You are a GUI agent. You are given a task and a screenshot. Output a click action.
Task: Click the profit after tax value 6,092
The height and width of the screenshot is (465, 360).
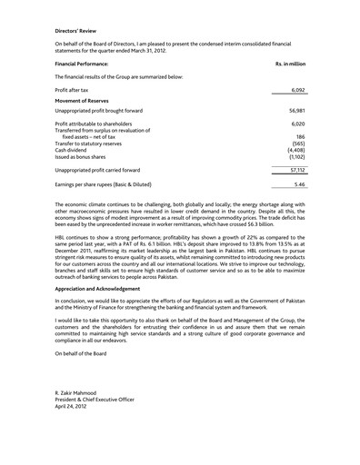[x=296, y=91]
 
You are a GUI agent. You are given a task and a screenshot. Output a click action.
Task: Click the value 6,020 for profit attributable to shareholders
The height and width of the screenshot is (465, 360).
[x=296, y=124]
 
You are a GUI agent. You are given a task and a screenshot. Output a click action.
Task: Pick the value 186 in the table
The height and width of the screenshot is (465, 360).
[x=300, y=136]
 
